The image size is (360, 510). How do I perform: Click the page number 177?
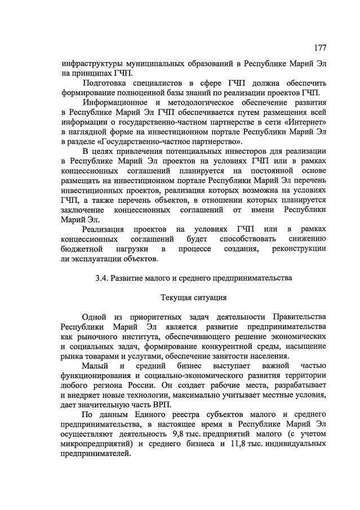320,47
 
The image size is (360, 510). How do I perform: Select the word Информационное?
116,102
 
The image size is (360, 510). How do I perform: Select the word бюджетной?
81,249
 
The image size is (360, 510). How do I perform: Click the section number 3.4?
102,278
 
